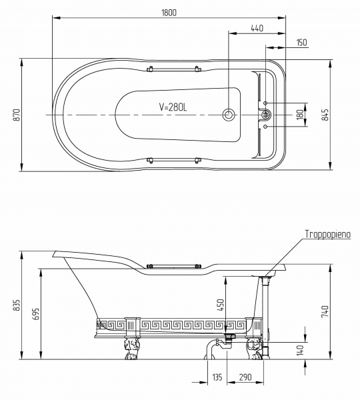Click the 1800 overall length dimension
pos(169,13)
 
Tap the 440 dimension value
pos(257,28)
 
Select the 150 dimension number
pos(302,43)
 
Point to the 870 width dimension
pos(16,115)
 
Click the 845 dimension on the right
pos(325,115)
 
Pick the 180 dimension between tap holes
pos(301,114)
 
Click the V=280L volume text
pos(173,107)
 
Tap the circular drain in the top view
pos(229,115)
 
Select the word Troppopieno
pos(328,234)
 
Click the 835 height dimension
pos(16,305)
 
